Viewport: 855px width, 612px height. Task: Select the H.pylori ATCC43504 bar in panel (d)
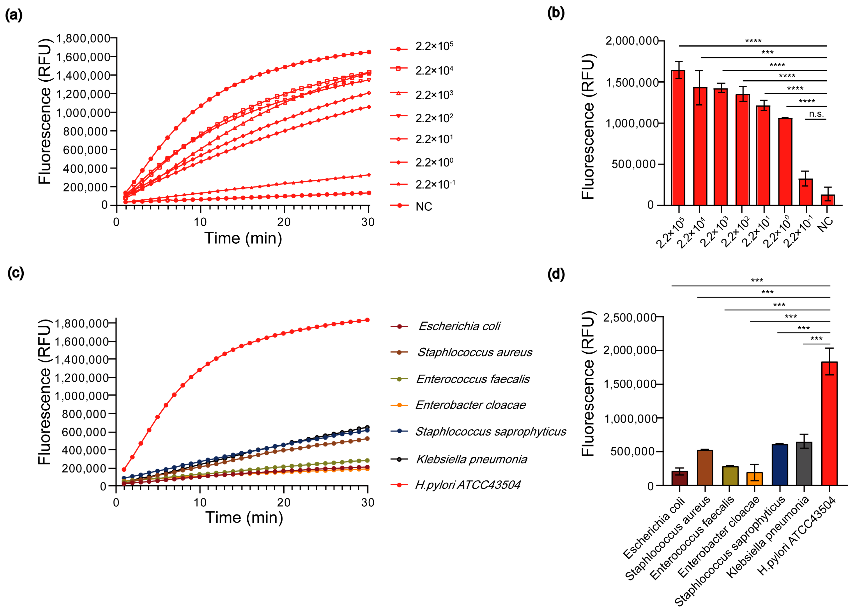829,423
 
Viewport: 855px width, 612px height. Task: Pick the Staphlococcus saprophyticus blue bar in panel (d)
779,465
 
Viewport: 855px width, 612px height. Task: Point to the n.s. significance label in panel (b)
816,114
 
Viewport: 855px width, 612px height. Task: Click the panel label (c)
15,273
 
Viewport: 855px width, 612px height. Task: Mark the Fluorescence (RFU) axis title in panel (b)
588,126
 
